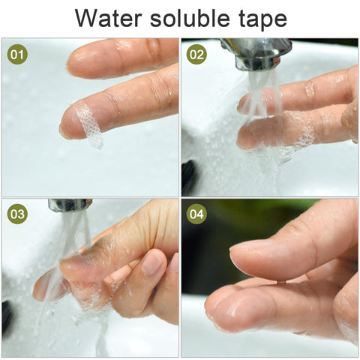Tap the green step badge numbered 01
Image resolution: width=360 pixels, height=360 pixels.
pos(17,55)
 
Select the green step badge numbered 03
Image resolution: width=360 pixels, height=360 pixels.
pos(17,214)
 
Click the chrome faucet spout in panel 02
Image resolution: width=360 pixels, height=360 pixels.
pos(255,53)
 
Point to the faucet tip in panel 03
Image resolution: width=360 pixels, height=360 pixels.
pos(70,205)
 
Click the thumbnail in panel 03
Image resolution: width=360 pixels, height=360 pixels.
pos(153,262)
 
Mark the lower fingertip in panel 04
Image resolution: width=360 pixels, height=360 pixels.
pos(225,307)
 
